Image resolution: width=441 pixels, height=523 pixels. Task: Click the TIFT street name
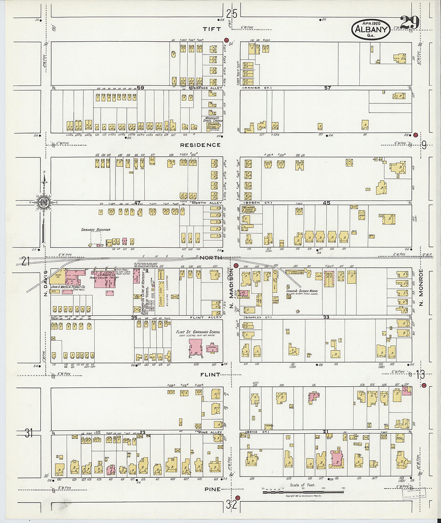pos(212,29)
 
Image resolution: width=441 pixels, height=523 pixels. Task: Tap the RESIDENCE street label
pos(200,145)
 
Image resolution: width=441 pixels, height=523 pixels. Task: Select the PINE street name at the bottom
pos(212,489)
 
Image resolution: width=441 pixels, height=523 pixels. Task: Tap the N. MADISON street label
pos(231,295)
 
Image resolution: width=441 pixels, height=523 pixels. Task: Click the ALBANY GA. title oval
pos(371,30)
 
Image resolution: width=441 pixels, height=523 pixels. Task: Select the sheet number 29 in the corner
pos(409,23)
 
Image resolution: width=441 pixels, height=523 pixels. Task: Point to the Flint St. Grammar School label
pos(198,332)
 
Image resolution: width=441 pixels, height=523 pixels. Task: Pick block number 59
pos(140,87)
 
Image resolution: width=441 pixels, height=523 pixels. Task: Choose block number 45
pos(327,203)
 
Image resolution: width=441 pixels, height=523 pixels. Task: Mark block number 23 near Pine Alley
pos(142,432)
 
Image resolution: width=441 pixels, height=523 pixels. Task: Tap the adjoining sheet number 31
pos(28,433)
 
